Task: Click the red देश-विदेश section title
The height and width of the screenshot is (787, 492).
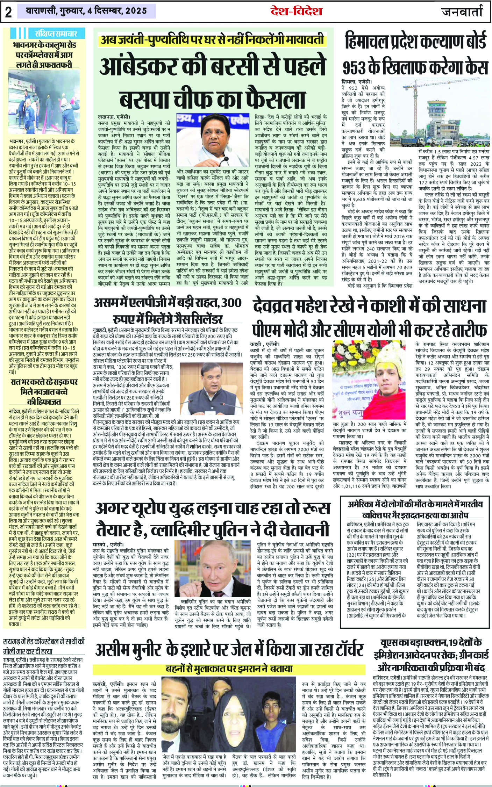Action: coord(296,11)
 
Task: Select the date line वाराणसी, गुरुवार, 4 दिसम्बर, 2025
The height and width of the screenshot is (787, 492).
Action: coord(86,11)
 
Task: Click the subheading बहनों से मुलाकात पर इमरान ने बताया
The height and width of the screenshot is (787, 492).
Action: coord(229,668)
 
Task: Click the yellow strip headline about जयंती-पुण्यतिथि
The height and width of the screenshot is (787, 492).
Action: coord(213,40)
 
